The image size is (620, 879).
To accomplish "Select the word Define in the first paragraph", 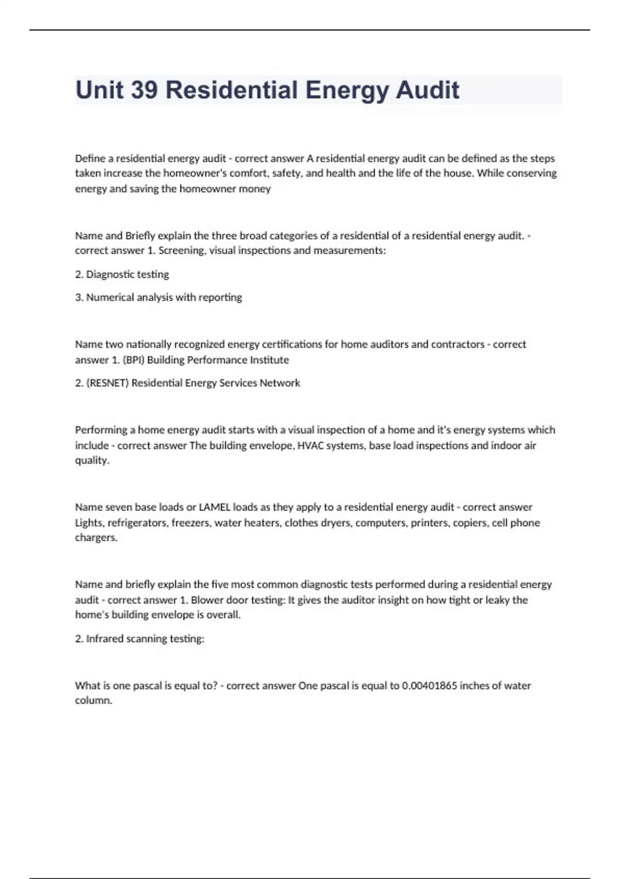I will [90, 158].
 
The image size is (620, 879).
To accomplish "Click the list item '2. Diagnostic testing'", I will [122, 275].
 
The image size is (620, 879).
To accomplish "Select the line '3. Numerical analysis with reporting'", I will [158, 297].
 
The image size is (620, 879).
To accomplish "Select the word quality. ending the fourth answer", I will [92, 460].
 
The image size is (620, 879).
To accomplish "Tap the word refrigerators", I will [137, 523].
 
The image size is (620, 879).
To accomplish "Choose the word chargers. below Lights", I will [96, 538].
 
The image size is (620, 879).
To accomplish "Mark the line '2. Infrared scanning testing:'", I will [139, 639].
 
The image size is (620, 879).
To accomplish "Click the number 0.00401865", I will [429, 686].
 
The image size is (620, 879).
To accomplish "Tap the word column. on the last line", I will [94, 701].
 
